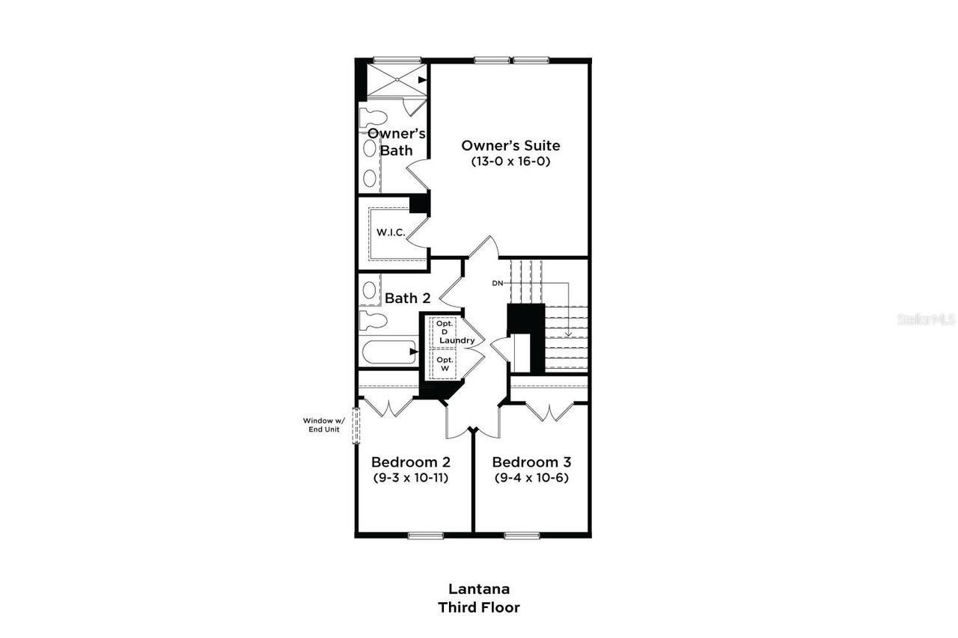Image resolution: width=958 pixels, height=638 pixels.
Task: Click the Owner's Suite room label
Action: tap(510, 146)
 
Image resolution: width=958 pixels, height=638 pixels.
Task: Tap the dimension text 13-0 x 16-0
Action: tap(510, 161)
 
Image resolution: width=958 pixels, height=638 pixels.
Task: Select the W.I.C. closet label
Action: tap(391, 233)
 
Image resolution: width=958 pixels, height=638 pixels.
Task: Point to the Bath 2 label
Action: tap(407, 298)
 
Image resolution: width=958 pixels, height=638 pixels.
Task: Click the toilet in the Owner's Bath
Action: tap(372, 117)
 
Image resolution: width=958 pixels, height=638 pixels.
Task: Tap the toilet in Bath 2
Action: tap(373, 322)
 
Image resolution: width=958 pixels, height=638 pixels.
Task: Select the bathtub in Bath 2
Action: tap(388, 352)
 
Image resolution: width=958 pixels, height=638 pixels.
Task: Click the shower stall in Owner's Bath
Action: tap(394, 78)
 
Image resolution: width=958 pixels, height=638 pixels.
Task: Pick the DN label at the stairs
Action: tap(498, 283)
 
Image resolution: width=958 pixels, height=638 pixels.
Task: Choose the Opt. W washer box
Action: tap(444, 364)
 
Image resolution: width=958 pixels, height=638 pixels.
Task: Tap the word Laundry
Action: tap(457, 341)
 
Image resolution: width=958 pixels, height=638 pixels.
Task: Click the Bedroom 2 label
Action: tap(411, 462)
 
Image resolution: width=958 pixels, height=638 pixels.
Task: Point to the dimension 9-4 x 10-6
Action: tap(531, 477)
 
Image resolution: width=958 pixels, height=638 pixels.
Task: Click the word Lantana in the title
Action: tap(479, 589)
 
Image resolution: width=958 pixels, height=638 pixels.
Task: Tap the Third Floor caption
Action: tap(479, 607)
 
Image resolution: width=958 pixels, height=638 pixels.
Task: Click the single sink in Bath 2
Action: tap(369, 290)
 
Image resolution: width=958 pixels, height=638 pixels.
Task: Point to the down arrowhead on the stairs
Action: tap(568, 334)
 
